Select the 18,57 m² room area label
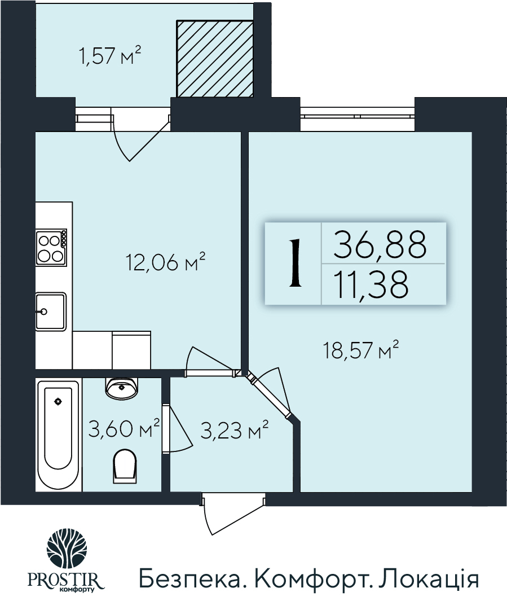[x=361, y=350]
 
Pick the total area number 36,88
[x=379, y=244]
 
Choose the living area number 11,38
[x=371, y=285]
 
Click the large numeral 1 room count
[x=293, y=264]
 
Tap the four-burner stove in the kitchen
[x=50, y=248]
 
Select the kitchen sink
[x=50, y=310]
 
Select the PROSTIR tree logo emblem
[x=67, y=548]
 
